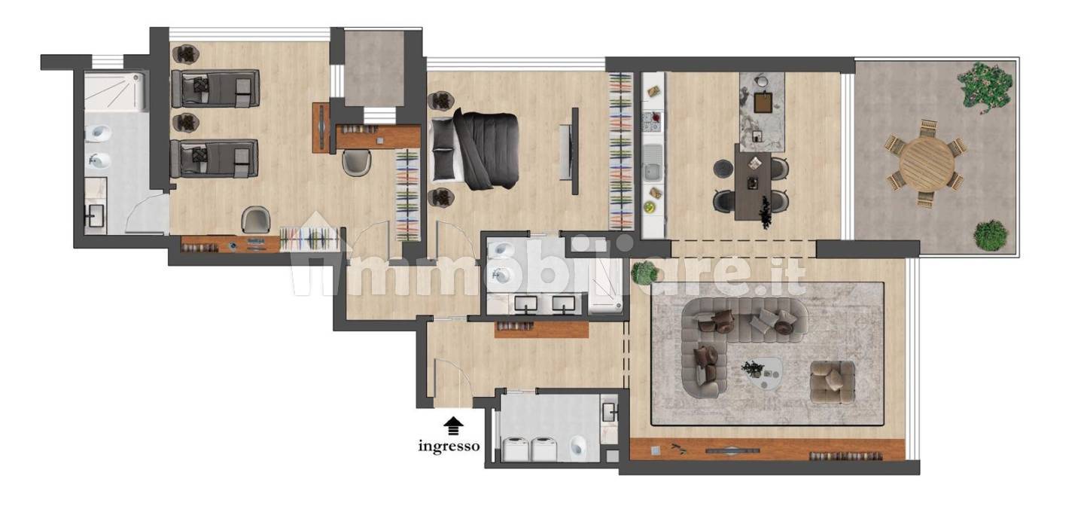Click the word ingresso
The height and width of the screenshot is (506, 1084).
click(x=449, y=446)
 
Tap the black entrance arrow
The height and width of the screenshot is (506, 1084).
click(x=453, y=426)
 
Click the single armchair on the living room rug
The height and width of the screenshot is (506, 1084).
click(x=833, y=382)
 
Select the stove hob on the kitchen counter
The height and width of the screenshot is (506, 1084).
click(x=652, y=122)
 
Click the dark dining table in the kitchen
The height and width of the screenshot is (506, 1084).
click(x=753, y=185)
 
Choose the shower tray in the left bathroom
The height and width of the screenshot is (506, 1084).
click(x=114, y=92)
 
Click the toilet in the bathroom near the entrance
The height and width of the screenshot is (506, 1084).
click(x=578, y=448)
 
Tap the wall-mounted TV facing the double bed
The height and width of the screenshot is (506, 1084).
click(x=574, y=151)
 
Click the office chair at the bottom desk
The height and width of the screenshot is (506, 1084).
click(x=255, y=219)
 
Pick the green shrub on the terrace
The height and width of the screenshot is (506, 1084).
click(x=990, y=236)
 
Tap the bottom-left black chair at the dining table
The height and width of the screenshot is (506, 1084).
click(x=724, y=200)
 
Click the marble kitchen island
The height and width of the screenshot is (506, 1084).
click(x=762, y=113)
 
